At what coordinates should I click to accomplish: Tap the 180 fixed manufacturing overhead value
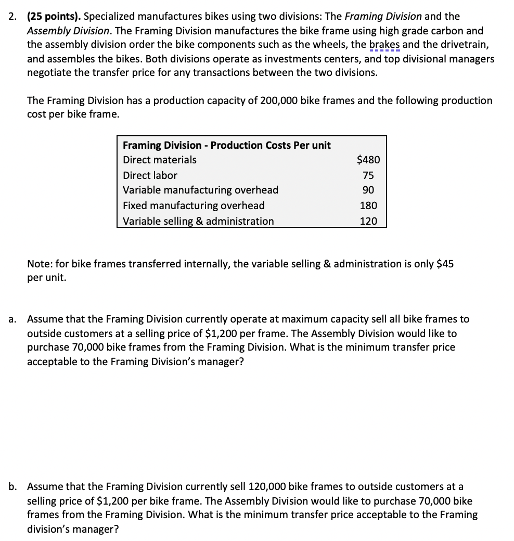coord(369,205)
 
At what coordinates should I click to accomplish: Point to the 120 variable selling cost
coord(369,221)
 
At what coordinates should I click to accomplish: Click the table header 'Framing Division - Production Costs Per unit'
coord(227,145)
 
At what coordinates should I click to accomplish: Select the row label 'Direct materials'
coord(160,160)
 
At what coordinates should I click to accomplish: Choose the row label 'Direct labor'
coord(150,175)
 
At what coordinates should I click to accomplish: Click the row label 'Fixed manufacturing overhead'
coord(194,205)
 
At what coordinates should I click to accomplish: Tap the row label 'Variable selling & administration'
coord(198,221)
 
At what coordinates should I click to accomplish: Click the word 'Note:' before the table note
coord(40,264)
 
